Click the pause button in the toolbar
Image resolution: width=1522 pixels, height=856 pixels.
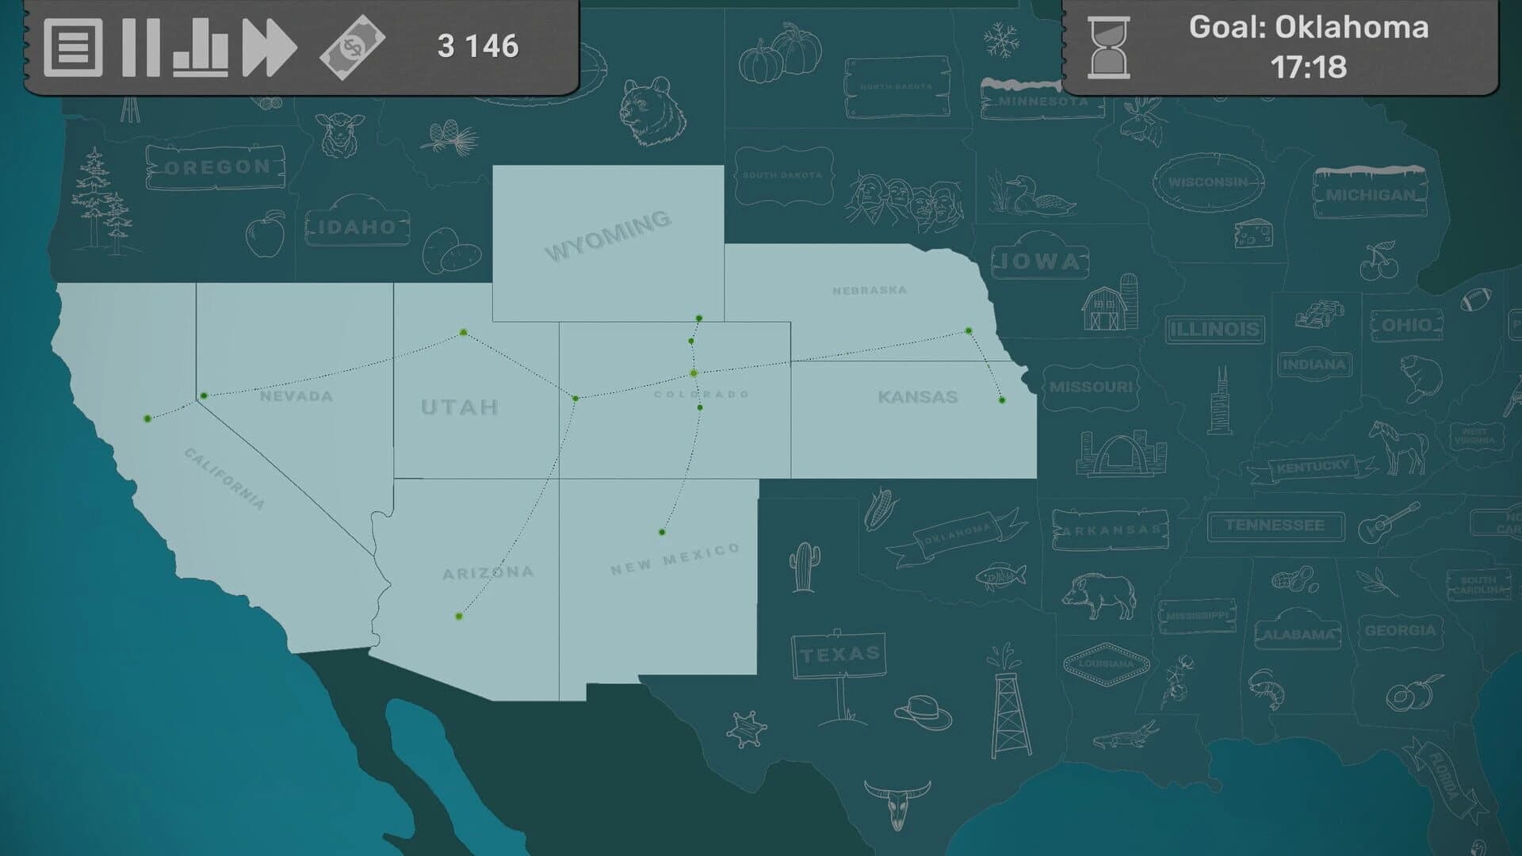(141, 48)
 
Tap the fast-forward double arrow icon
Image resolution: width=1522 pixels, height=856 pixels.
(270, 48)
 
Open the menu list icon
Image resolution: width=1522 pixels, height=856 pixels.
(73, 48)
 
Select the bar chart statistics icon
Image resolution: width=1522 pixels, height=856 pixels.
(201, 49)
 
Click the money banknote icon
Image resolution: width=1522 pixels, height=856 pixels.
(352, 48)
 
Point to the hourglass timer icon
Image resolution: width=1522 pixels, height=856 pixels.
(1109, 48)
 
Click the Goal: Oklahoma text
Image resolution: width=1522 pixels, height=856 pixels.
(1309, 28)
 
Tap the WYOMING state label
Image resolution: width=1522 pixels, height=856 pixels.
(608, 235)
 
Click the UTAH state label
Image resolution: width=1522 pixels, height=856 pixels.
(460, 407)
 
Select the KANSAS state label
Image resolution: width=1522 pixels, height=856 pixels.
(918, 396)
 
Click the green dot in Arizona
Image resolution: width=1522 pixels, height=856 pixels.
(459, 616)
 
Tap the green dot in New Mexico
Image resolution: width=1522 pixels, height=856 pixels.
(662, 532)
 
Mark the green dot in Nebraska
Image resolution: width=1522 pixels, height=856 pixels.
(969, 331)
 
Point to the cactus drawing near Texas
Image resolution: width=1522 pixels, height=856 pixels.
(803, 567)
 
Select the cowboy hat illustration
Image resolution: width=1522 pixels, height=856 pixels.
(924, 712)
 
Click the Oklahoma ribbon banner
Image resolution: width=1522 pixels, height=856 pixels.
(957, 536)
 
